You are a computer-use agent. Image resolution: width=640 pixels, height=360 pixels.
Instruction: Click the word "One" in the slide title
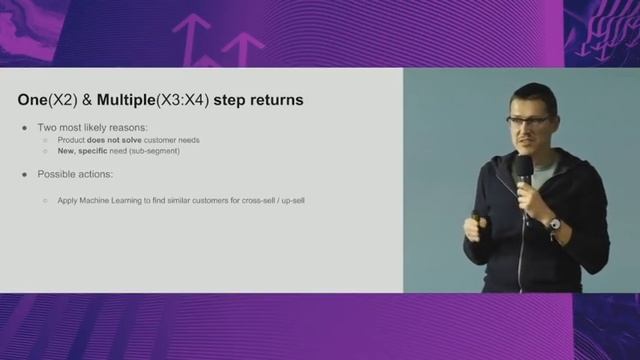coord(32,100)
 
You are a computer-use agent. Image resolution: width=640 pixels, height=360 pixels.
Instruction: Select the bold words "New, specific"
coord(83,151)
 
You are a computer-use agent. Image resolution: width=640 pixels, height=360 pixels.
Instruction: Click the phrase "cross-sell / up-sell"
coord(270,201)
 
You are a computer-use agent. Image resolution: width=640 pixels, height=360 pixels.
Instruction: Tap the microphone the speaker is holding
coord(522,171)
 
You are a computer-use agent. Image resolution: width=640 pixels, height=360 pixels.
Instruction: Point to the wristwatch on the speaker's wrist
coord(553,223)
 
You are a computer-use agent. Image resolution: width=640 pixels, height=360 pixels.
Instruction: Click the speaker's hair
coord(529,96)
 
